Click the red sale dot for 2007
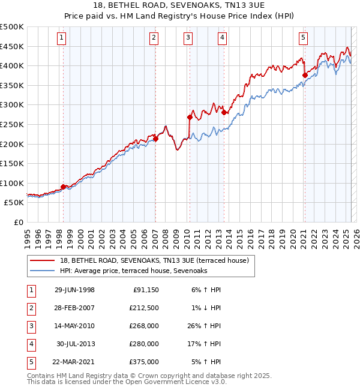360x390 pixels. (x=155, y=139)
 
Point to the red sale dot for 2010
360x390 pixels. (x=190, y=117)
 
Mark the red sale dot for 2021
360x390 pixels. (x=305, y=75)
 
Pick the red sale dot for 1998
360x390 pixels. (x=64, y=187)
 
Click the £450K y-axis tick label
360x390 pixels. (x=12, y=46)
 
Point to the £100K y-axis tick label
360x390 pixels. (x=12, y=183)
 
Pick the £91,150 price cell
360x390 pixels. (x=146, y=290)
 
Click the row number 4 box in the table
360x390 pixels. (x=31, y=344)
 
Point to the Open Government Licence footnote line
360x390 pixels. (x=127, y=382)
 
